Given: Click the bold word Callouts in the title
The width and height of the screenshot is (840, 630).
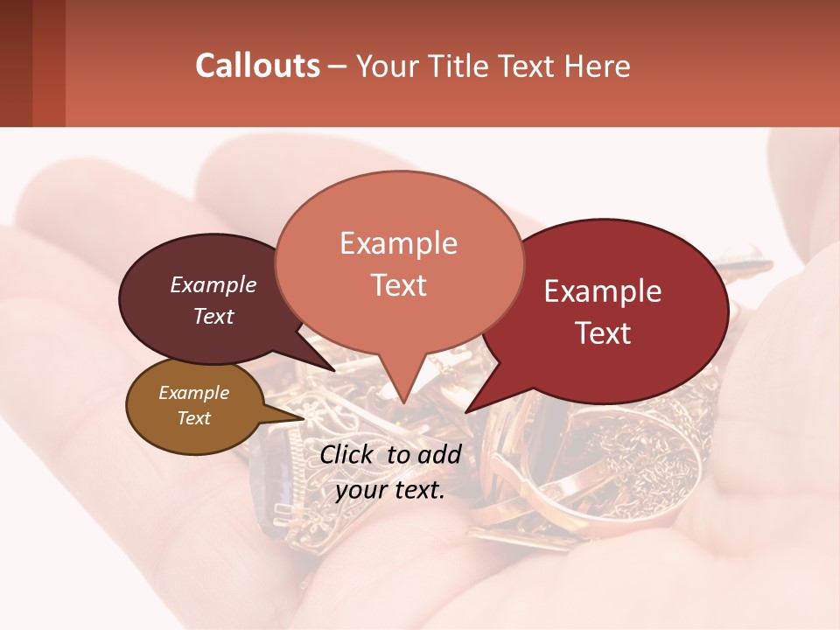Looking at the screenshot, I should click(257, 66).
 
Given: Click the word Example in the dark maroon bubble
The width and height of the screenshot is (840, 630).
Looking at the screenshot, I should click(213, 285).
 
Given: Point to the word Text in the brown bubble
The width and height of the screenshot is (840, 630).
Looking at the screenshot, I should click(193, 418).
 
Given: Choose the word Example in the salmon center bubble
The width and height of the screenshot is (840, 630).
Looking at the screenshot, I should click(398, 243).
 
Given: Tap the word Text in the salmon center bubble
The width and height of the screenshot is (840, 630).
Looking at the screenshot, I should click(398, 285).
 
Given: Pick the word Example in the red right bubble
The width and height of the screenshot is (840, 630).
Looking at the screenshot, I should click(603, 291).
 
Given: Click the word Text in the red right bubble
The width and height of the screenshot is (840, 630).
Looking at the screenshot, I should click(603, 333).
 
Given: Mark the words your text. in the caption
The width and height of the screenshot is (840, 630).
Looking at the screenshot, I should click(390, 490).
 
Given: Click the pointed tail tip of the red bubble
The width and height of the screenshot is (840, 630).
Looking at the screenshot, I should click(467, 410).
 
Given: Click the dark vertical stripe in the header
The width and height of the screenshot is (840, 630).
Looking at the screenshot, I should click(48, 63).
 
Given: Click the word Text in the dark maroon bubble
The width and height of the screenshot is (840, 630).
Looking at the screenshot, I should click(213, 316).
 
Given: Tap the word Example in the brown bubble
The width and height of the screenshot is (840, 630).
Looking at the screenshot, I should click(193, 393).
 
